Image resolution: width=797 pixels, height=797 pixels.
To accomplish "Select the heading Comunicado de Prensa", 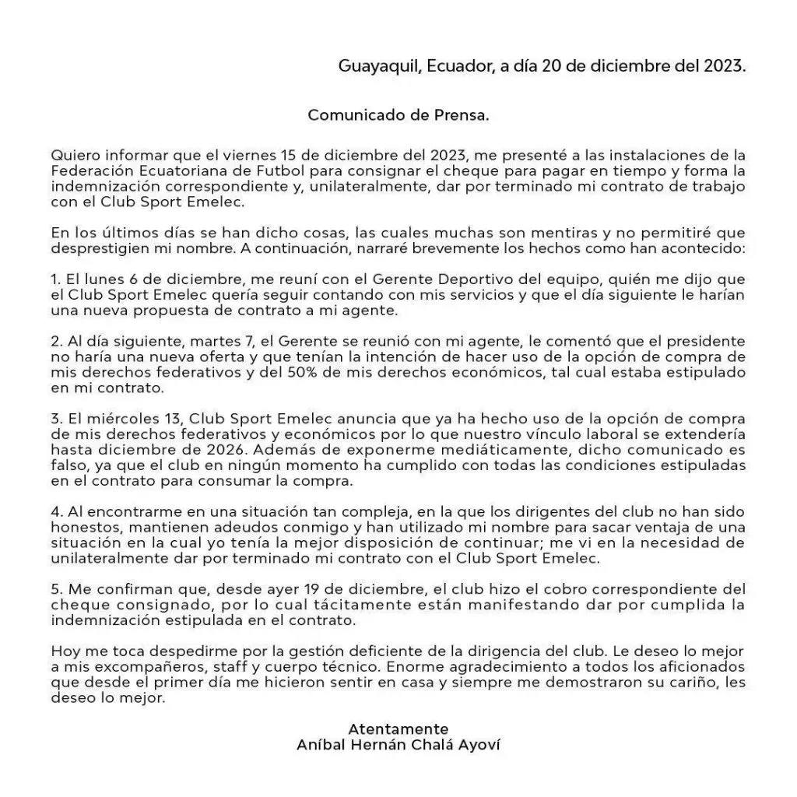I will click(398, 115).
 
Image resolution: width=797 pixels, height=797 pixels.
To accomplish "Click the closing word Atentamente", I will click(398, 729).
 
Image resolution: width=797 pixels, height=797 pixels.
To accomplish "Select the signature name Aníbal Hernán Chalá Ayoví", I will click(398, 745).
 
